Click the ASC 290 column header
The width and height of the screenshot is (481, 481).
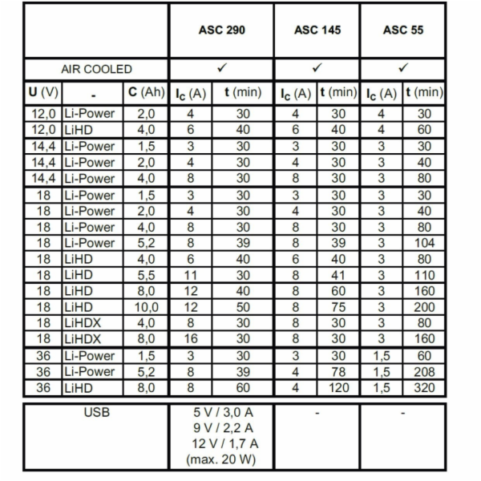(221, 30)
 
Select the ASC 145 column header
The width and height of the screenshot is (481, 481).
(317, 30)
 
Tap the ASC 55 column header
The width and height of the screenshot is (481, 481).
(403, 30)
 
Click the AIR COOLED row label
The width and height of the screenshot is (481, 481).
(97, 69)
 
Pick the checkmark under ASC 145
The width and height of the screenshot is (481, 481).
(317, 68)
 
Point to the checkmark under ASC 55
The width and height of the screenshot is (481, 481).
(403, 68)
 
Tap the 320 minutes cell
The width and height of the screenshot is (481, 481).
(424, 388)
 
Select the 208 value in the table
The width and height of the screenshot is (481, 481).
(424, 372)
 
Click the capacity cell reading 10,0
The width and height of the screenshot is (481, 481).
(146, 307)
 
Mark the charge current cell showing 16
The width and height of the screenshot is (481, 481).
(191, 339)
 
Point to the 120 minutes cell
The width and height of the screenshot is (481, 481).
(338, 388)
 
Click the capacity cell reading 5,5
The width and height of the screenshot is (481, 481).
(146, 275)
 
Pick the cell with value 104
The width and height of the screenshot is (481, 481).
(424, 242)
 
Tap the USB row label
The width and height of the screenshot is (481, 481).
(97, 414)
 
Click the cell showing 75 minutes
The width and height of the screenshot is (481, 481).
(338, 307)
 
